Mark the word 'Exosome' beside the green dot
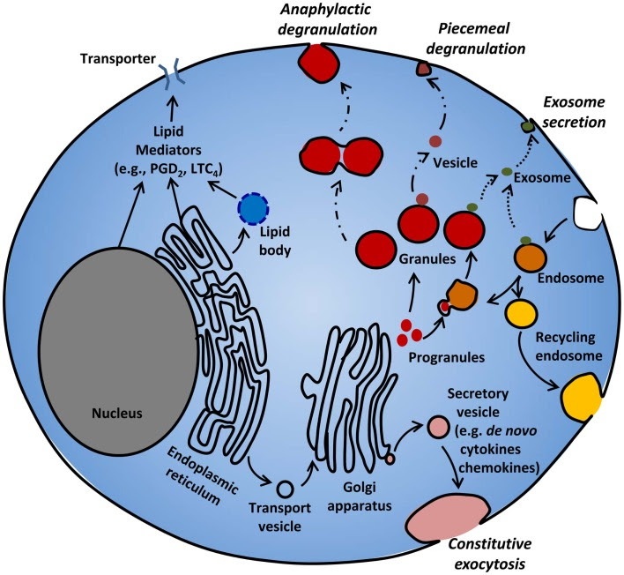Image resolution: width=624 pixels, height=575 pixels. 552,177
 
